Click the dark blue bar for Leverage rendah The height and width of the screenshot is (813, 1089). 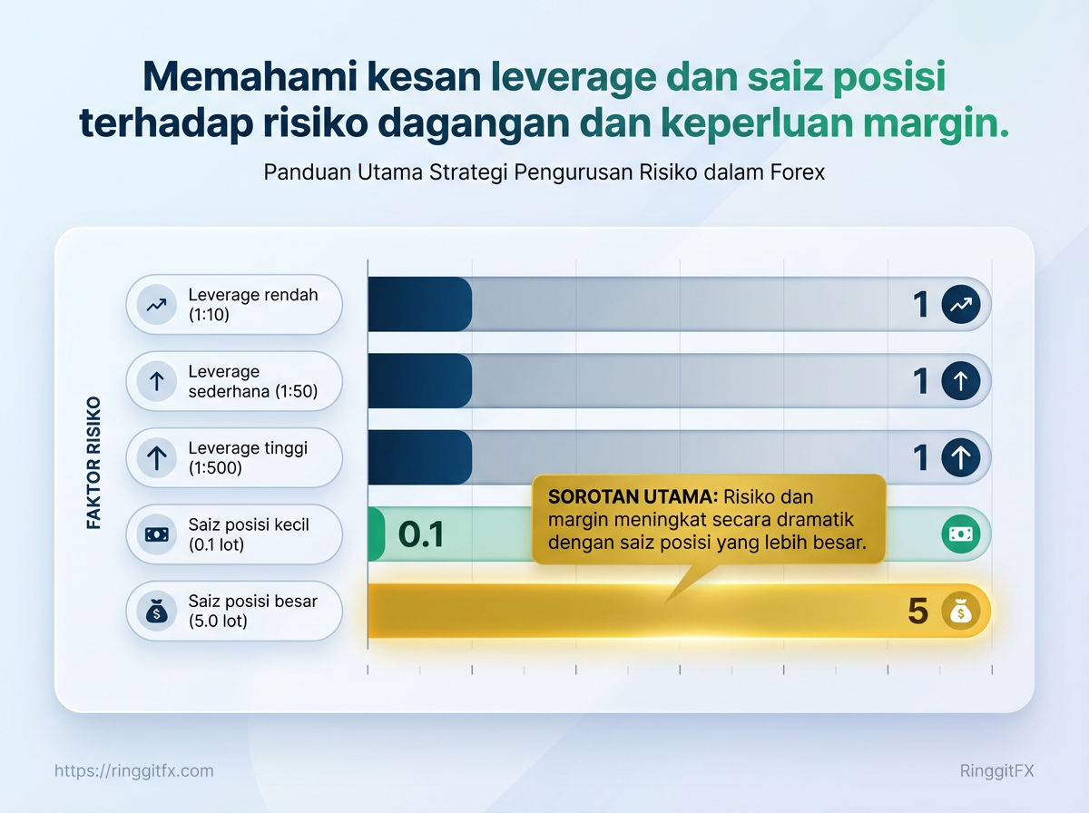pos(420,304)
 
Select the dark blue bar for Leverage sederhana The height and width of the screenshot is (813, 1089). pos(420,381)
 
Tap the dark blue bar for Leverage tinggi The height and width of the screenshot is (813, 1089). pos(420,457)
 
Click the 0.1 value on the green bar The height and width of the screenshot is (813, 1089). pos(421,534)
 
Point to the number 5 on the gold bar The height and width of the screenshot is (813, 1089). pos(917,611)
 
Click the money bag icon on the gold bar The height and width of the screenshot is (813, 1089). pos(961,611)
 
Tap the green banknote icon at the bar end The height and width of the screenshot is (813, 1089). pos(961,534)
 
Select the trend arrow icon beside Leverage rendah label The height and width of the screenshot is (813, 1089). pos(157,305)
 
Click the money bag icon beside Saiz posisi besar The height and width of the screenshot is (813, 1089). pos(157,612)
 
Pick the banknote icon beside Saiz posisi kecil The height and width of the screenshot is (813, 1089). pos(157,534)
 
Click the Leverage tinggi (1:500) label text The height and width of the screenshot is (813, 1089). pos(248,458)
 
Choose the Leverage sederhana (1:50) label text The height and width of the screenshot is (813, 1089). pos(253,381)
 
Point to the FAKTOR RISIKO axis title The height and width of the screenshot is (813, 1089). pos(93,463)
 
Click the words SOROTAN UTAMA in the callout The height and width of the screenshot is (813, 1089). pos(633,496)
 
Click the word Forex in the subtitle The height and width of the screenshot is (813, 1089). pos(798,172)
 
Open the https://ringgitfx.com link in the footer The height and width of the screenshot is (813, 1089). pos(134,771)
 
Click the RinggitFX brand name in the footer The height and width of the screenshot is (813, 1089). pos(997,771)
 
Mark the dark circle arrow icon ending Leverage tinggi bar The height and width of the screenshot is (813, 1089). pos(961,457)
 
